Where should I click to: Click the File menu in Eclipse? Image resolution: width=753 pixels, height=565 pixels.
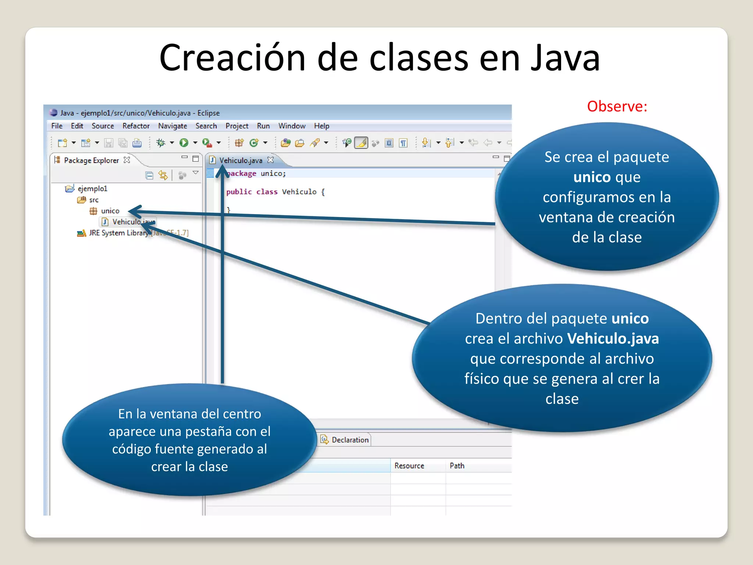tap(57, 126)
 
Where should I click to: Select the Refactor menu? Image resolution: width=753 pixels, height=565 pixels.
tap(136, 126)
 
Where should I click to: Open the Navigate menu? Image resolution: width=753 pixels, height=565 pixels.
tap(172, 126)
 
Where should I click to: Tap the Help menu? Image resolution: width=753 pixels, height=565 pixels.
tap(321, 126)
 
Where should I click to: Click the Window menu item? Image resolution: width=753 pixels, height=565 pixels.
tap(292, 126)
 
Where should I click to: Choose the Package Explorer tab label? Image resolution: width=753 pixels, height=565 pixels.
tap(91, 160)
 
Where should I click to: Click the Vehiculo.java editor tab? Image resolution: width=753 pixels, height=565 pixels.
tap(240, 160)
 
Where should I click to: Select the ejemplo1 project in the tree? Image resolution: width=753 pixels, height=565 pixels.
tap(92, 189)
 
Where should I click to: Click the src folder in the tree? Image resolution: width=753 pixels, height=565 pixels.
tap(94, 200)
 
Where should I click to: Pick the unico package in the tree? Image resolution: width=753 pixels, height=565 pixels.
tap(110, 211)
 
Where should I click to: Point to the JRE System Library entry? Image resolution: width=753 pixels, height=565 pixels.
tap(118, 233)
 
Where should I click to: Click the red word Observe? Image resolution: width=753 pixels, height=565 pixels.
tap(617, 106)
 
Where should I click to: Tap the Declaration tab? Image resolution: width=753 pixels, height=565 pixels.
tap(350, 440)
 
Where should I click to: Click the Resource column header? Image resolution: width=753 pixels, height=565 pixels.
tap(409, 466)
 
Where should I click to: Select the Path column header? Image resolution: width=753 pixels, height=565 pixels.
tap(457, 466)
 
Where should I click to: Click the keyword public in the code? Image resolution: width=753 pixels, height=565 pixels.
tap(239, 192)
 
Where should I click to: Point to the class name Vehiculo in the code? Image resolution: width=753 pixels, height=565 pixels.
tap(299, 192)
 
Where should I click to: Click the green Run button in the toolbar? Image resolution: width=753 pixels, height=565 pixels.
tap(184, 143)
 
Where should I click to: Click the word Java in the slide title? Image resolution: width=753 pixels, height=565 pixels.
tap(565, 58)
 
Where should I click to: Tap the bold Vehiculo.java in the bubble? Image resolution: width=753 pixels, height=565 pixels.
tap(613, 338)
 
